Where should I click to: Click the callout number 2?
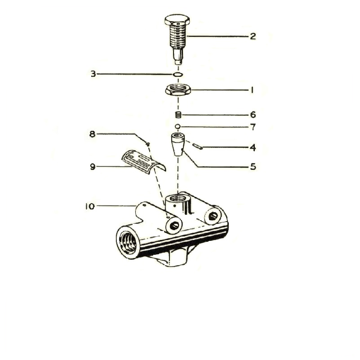(x=253, y=36)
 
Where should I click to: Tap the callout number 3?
(x=93, y=74)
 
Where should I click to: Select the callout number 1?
(x=252, y=90)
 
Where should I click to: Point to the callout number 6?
(x=253, y=115)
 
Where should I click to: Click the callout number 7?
(x=253, y=127)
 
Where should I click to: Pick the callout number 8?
(x=92, y=133)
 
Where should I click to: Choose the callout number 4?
(x=253, y=147)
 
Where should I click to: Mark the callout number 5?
(x=253, y=167)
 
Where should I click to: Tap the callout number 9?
(x=92, y=167)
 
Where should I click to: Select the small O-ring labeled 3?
(x=178, y=74)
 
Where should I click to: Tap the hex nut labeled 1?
(x=178, y=90)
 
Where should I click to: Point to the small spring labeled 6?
(x=178, y=115)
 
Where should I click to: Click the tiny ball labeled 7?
(x=178, y=126)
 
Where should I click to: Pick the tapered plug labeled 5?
(x=178, y=144)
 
